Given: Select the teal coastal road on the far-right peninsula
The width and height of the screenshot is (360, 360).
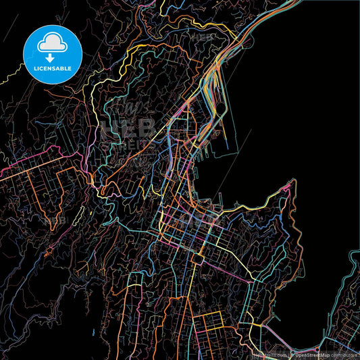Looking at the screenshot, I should (352, 270).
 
